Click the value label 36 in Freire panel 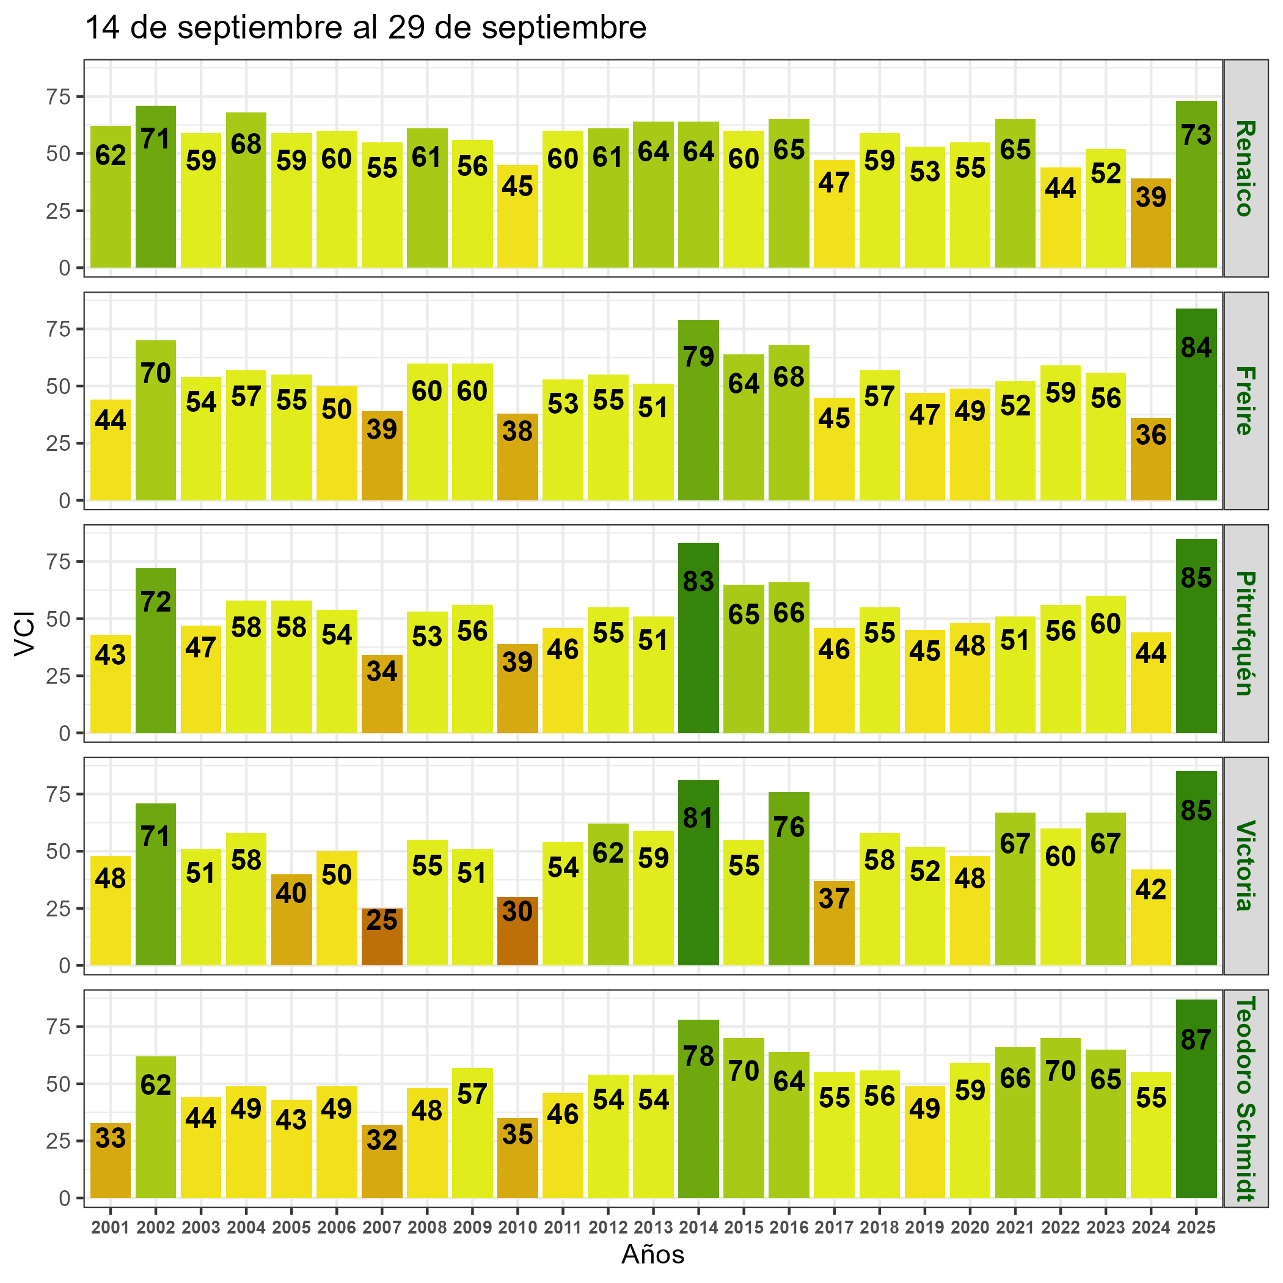point(1151,435)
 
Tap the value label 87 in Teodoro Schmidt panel point(1196,1040)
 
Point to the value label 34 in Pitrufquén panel point(382,671)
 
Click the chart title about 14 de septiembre point(366,29)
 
